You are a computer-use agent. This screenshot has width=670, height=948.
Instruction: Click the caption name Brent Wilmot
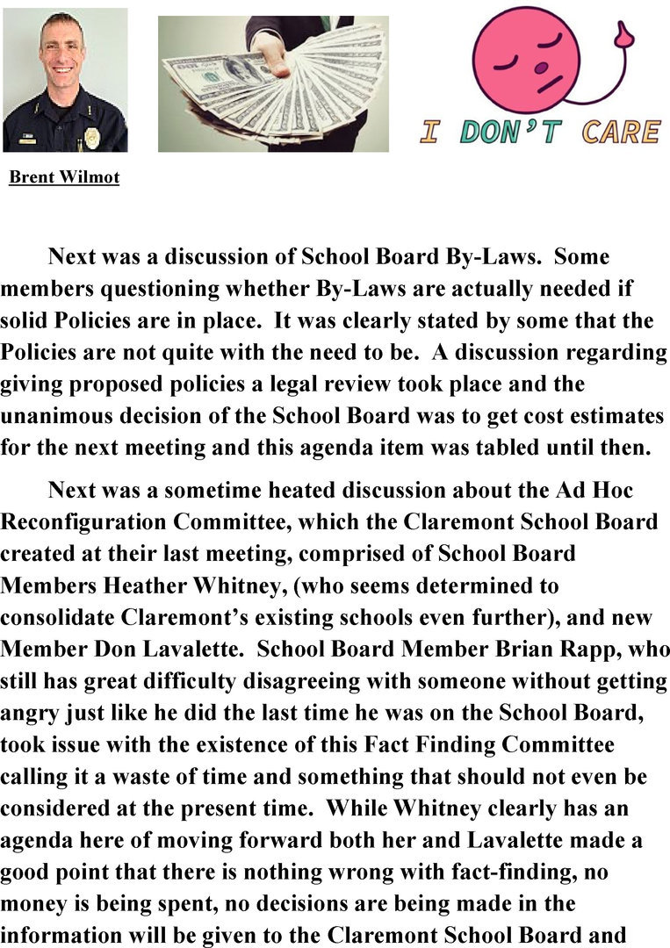64,178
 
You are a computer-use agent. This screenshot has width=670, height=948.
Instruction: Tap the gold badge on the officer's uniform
91,138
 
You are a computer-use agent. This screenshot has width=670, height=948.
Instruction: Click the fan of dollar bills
272,83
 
